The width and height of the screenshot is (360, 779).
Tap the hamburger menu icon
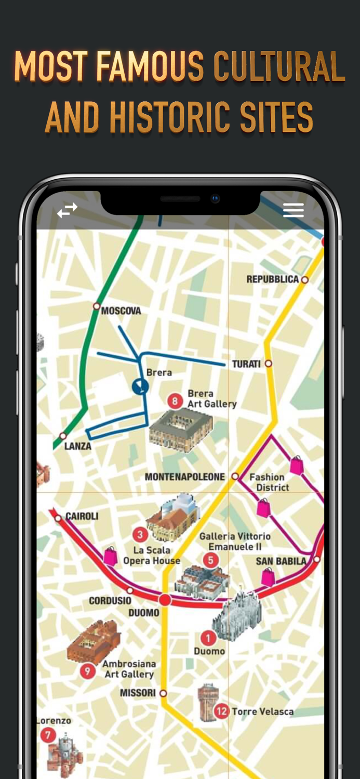pyautogui.click(x=293, y=210)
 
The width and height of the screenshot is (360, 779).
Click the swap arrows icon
pyautogui.click(x=67, y=210)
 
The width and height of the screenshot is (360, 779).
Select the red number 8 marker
pyautogui.click(x=175, y=401)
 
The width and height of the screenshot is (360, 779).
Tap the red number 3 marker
pyautogui.click(x=139, y=534)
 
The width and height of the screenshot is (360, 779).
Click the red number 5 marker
pyautogui.click(x=210, y=560)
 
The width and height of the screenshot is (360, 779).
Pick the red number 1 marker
pyautogui.click(x=208, y=638)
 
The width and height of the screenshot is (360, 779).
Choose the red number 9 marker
pyautogui.click(x=87, y=671)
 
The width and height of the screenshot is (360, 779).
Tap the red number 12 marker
pyautogui.click(x=222, y=711)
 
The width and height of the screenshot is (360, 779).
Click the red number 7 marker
pyautogui.click(x=48, y=735)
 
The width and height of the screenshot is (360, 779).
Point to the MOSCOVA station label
pyautogui.click(x=121, y=311)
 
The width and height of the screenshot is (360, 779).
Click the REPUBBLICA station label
pyautogui.click(x=273, y=279)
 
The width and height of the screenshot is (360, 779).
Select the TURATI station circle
pyautogui.click(x=269, y=364)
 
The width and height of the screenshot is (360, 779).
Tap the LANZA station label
pyautogui.click(x=78, y=446)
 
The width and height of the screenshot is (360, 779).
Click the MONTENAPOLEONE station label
pyautogui.click(x=184, y=477)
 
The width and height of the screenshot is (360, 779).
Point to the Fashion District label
pyautogui.click(x=269, y=482)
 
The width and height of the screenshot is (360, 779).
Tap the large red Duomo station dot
pyautogui.click(x=165, y=600)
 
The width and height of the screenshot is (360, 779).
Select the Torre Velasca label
pyautogui.click(x=262, y=711)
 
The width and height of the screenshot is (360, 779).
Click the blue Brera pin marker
pyautogui.click(x=140, y=386)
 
